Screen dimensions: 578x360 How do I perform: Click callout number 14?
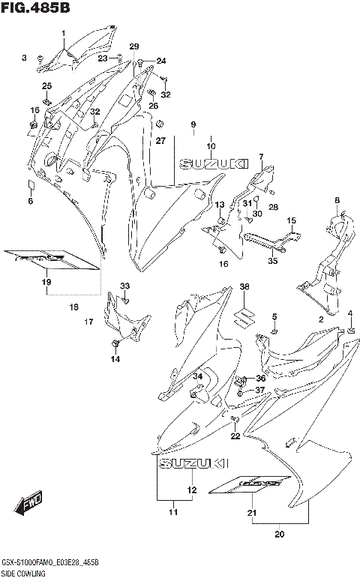pos(115,359)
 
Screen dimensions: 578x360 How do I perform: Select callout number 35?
pos(272,261)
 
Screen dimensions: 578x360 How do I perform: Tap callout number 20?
pos(280,535)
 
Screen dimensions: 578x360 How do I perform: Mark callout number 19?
pos(46,282)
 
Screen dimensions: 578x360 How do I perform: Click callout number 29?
pos(134,46)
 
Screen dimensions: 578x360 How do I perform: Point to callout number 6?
pos(31,201)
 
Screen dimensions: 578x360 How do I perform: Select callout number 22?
pos(235,436)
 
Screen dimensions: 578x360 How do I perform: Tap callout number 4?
pos(349,313)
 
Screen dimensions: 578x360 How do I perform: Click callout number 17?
pos(88,322)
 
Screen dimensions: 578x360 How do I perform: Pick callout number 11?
pos(173,512)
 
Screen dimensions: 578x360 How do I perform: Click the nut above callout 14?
pos(115,343)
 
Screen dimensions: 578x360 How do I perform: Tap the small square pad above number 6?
pos(31,184)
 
